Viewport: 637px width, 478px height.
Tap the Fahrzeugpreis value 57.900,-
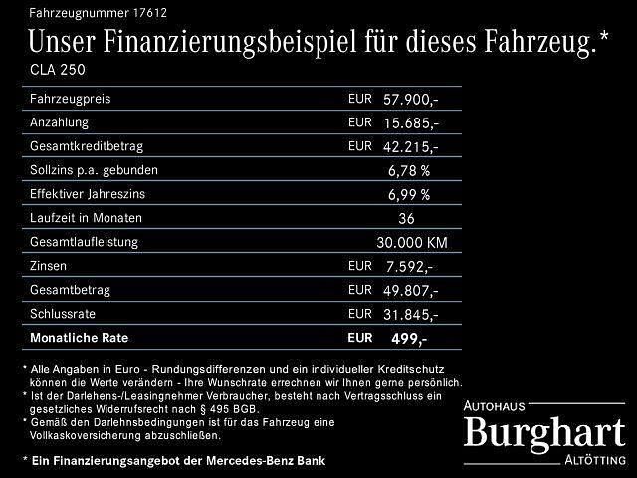[x=410, y=100]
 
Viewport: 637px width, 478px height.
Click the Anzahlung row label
[x=60, y=122]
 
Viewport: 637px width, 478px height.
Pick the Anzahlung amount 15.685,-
[x=410, y=123]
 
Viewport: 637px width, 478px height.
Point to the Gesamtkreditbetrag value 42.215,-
[x=410, y=146]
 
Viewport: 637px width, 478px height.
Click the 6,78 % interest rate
[x=409, y=170]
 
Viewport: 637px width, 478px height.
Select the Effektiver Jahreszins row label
[x=95, y=194]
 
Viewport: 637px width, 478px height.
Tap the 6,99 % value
[x=409, y=194]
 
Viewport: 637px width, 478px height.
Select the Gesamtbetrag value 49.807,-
[x=410, y=290]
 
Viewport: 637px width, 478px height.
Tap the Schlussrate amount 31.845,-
[x=410, y=314]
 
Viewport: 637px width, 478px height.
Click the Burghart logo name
[x=545, y=431]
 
